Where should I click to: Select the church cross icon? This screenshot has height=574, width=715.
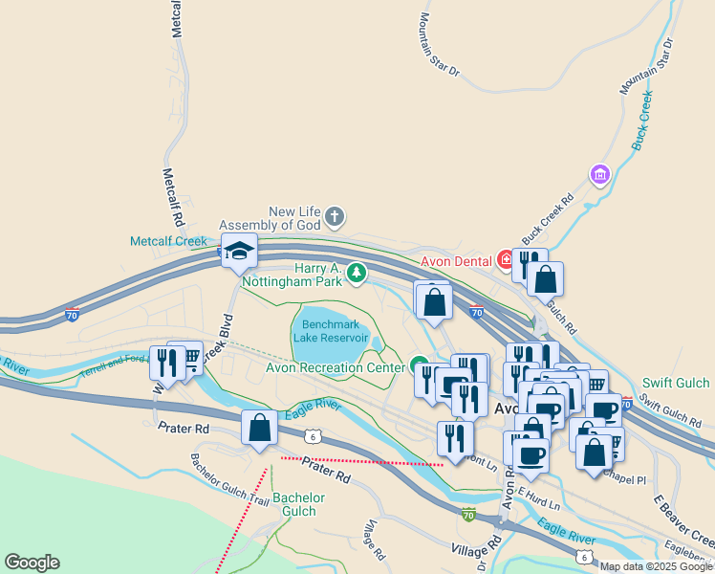click(x=335, y=216)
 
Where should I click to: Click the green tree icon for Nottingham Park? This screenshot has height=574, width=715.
click(x=357, y=275)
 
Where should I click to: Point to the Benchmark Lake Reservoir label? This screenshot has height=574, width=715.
click(x=330, y=331)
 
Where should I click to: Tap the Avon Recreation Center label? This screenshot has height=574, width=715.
click(x=335, y=367)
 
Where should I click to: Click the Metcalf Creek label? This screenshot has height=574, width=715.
click(x=168, y=241)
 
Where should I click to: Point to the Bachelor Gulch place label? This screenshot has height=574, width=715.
click(x=299, y=504)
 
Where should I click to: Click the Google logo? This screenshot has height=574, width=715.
click(x=32, y=563)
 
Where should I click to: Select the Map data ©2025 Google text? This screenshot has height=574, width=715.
click(x=656, y=566)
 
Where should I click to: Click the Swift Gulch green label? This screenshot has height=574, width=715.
click(x=676, y=384)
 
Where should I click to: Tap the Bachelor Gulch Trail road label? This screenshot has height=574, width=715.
click(x=229, y=479)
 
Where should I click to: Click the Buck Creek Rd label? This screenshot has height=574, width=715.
click(x=547, y=219)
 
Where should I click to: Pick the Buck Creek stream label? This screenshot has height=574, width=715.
click(x=640, y=121)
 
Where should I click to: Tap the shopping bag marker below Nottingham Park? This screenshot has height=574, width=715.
click(x=434, y=301)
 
